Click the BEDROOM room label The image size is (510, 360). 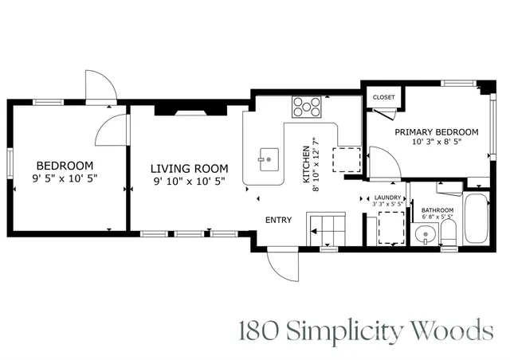(x=64, y=166)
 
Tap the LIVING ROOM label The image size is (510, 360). (x=190, y=168)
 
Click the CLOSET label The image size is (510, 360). (x=383, y=97)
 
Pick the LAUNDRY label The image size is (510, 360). (x=387, y=197)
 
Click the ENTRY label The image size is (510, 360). (x=279, y=220)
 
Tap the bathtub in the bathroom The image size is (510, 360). (x=477, y=219)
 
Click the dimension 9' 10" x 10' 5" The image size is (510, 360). (x=190, y=181)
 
